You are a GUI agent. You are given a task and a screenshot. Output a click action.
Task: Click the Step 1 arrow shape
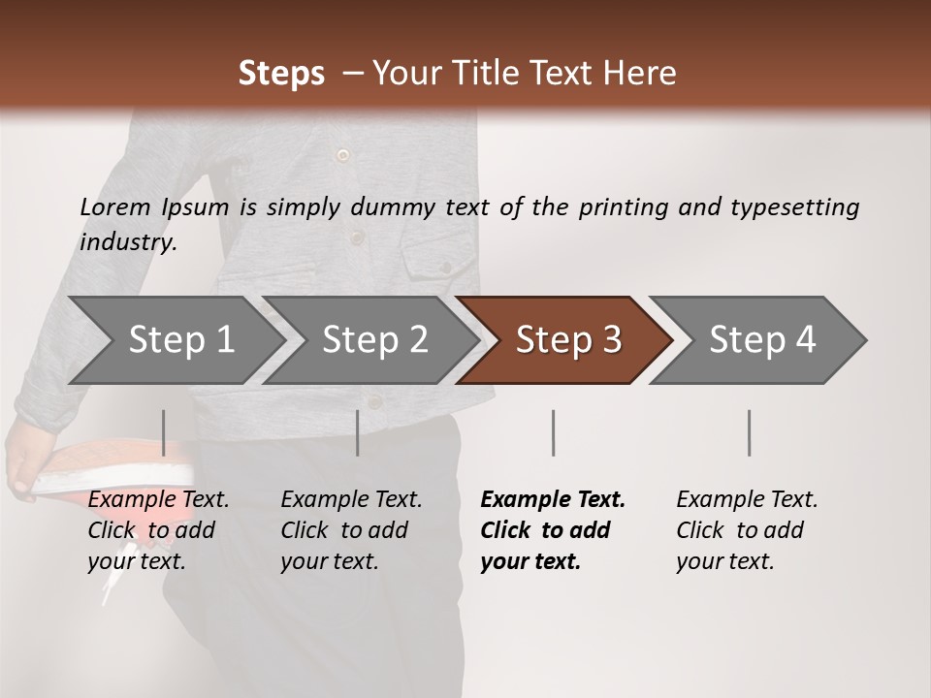click(175, 340)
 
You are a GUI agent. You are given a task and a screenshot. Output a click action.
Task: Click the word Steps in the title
click(281, 74)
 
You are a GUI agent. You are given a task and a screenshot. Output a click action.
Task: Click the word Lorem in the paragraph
click(114, 207)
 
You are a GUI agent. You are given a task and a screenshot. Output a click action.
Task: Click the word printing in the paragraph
click(614, 207)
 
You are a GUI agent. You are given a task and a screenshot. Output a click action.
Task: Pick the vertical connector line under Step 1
click(164, 432)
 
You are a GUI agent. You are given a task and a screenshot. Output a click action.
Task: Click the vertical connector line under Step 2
click(358, 432)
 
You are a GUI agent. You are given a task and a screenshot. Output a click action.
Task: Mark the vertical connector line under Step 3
click(553, 432)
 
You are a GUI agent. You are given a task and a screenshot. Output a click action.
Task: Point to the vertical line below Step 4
click(749, 432)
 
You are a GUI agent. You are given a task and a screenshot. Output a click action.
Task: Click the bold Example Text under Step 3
click(553, 500)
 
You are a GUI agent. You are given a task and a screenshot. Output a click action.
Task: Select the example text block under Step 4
click(747, 530)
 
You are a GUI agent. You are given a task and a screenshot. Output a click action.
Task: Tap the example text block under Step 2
click(351, 530)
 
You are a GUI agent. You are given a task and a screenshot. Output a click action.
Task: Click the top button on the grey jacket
click(341, 155)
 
